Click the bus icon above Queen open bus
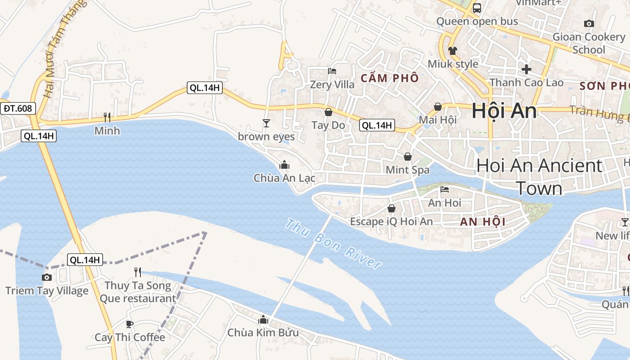[x=477, y=8]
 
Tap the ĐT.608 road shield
[x=18, y=108]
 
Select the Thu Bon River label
[x=333, y=244]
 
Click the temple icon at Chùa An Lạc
[x=284, y=165]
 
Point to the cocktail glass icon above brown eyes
[x=266, y=123]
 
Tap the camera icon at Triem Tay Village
[x=46, y=277]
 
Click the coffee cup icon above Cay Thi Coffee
[x=130, y=324]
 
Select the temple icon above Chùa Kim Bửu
[x=263, y=320]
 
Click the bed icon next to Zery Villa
[x=332, y=71]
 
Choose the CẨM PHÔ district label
[x=390, y=78]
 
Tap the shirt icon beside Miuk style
[x=453, y=51]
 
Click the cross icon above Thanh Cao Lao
[x=526, y=69]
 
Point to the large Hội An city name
[x=504, y=111]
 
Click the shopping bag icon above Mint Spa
[x=408, y=157]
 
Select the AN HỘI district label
[x=483, y=221]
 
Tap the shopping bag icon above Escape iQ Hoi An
[x=391, y=208]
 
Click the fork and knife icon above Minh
[x=107, y=117]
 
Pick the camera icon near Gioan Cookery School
[x=589, y=23]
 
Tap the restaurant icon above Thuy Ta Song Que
[x=138, y=272]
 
